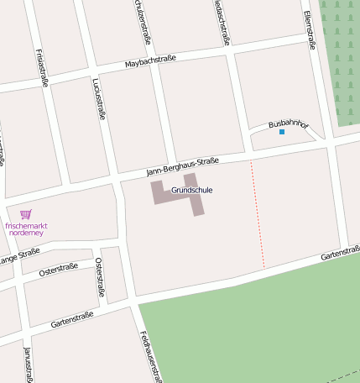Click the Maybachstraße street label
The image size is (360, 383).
pyautogui.click(x=150, y=60)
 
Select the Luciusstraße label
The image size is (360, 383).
pyautogui.click(x=98, y=98)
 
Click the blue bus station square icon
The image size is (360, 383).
pyautogui.click(x=282, y=132)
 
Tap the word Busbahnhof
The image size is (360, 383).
pyautogui.click(x=289, y=124)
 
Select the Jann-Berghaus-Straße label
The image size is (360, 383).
pyautogui.click(x=182, y=165)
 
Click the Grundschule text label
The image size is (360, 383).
pyautogui.click(x=191, y=190)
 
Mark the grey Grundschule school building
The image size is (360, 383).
pyautogui.click(x=161, y=191)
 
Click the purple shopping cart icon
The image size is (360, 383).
pyautogui.click(x=25, y=214)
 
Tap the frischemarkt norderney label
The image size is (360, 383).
pyautogui.click(x=26, y=229)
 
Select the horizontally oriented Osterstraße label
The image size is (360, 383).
pyautogui.click(x=59, y=269)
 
